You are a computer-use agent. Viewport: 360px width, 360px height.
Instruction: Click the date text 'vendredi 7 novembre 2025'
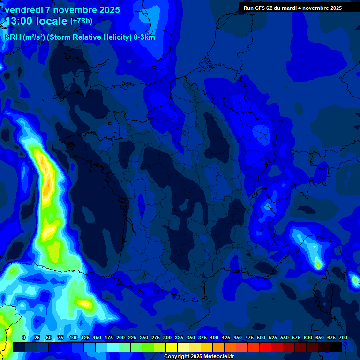(62, 10)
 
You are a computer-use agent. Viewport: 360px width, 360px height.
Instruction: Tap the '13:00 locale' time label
(37, 22)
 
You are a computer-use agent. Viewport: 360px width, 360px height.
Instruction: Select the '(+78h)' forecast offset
(81, 21)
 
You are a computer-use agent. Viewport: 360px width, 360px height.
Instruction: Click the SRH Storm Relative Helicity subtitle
(80, 37)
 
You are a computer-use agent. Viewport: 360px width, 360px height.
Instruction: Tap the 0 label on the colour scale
(24, 337)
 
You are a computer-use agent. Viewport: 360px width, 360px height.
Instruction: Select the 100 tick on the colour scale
(74, 337)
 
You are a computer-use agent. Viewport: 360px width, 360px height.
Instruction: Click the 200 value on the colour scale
(120, 337)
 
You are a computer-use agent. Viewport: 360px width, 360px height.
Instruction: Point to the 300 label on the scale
(167, 337)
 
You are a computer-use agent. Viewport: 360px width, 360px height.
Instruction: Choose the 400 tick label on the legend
(214, 337)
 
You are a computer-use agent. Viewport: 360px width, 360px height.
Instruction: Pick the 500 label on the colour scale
(261, 337)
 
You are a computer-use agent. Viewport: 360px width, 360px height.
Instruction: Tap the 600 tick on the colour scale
(308, 337)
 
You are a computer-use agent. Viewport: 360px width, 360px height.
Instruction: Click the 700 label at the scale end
(343, 337)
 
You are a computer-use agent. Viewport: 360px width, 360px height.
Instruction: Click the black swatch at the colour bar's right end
(336, 347)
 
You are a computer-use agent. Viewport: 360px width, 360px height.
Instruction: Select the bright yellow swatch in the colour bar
(172, 347)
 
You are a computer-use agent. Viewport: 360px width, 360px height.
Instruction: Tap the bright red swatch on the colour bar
(265, 347)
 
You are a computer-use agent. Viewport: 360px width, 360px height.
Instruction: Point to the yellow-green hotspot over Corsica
(318, 265)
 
